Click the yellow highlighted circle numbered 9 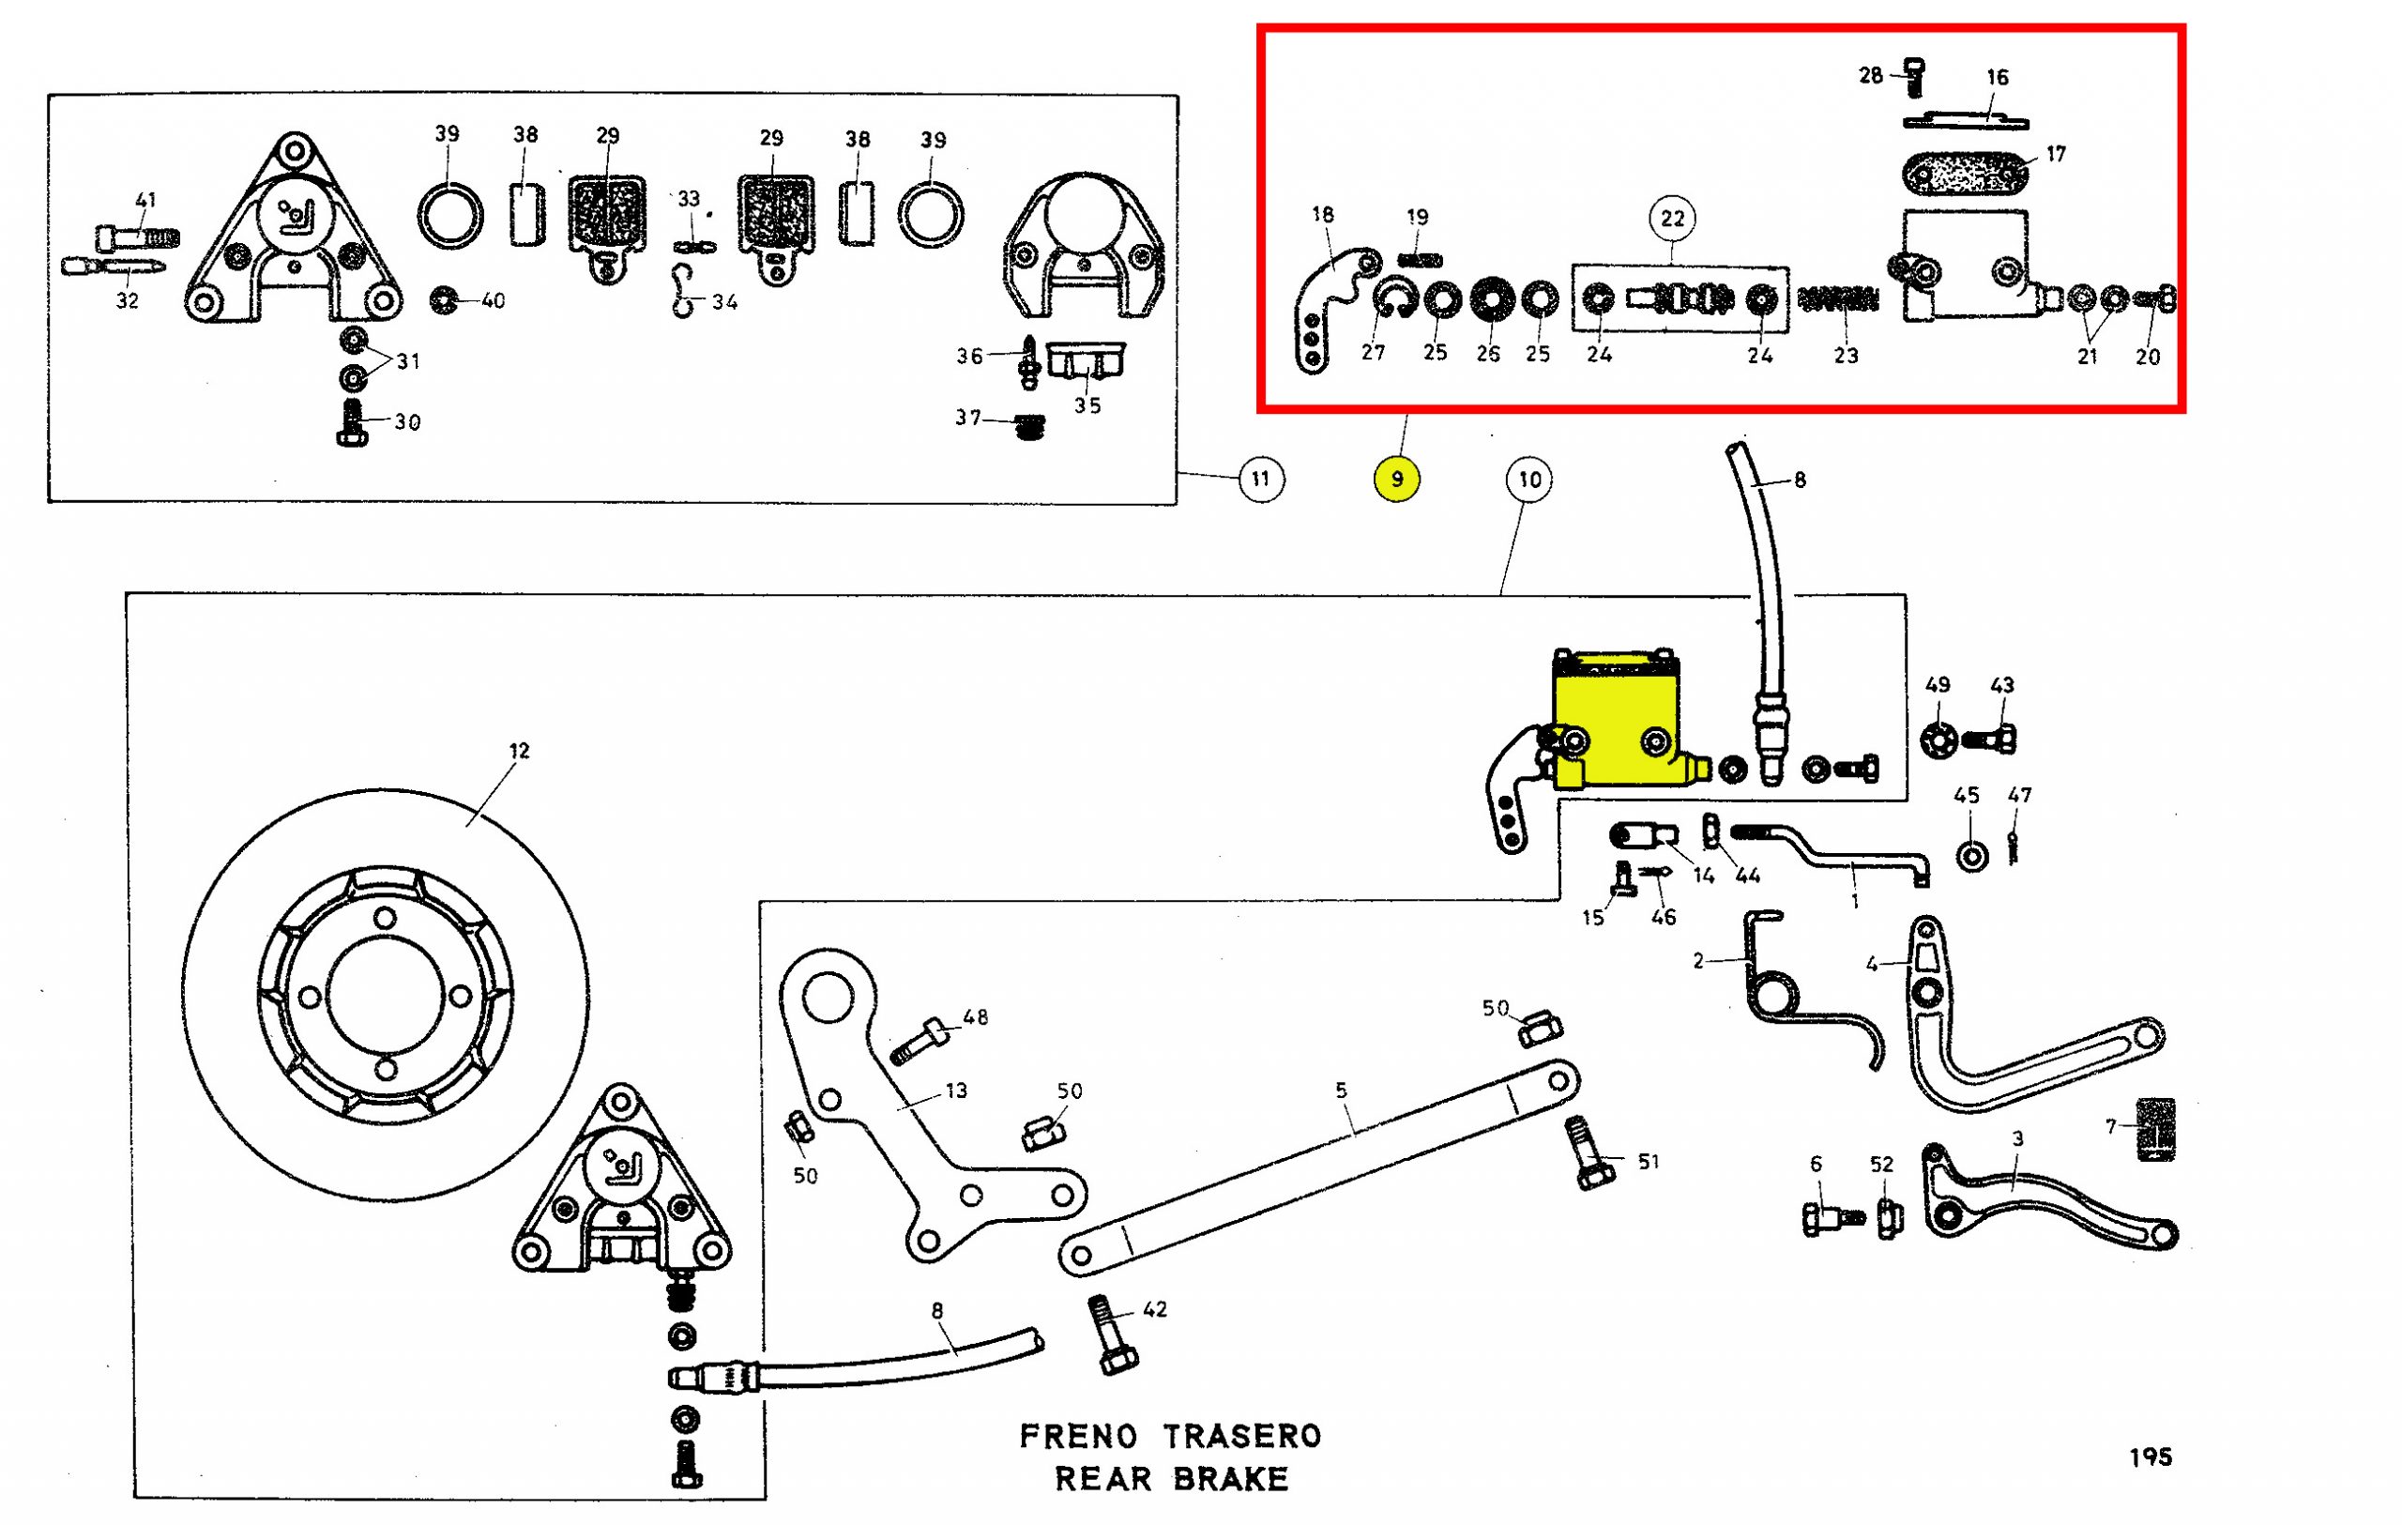[x=1396, y=480]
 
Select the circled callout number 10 [x=1529, y=480]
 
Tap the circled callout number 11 [x=1261, y=480]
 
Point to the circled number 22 [x=1672, y=219]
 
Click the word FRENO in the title [x=1077, y=1436]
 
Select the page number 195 [x=2151, y=1457]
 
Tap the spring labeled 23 [x=1837, y=298]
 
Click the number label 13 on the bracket [x=955, y=1090]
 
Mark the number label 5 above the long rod [x=1342, y=1090]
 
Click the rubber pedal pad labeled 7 [x=2154, y=1129]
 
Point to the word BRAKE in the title [x=1229, y=1478]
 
